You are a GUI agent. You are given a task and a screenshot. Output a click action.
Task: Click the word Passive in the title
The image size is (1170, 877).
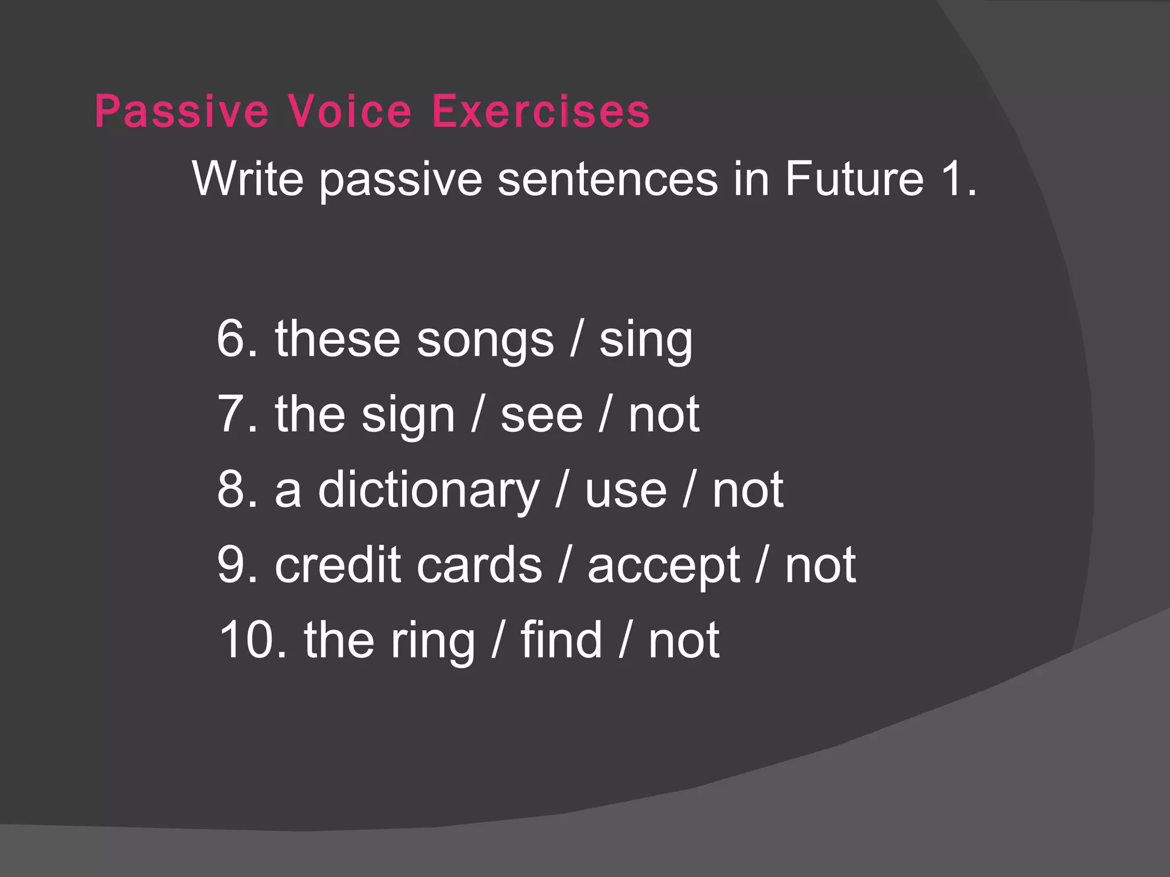(182, 111)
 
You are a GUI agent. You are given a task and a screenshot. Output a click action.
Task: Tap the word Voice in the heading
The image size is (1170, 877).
(349, 111)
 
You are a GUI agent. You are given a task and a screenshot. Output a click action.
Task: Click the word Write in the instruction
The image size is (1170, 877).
(247, 179)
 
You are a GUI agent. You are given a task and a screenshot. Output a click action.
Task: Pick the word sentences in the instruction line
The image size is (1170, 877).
(607, 179)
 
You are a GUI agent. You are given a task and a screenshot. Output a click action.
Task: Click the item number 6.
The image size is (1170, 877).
(236, 339)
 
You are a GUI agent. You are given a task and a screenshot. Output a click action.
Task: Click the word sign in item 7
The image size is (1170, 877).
(408, 416)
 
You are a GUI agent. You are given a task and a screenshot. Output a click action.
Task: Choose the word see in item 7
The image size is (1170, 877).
(542, 416)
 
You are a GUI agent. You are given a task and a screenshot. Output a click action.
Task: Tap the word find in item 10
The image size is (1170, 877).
(561, 641)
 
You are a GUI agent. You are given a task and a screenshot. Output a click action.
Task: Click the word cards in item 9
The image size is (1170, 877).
(479, 565)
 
